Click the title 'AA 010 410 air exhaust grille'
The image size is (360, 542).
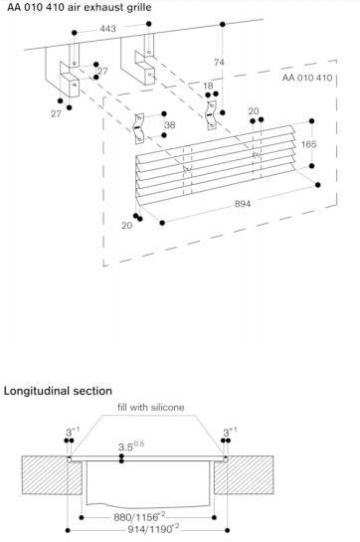(80, 7)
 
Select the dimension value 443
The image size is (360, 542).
(107, 29)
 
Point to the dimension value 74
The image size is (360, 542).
(219, 63)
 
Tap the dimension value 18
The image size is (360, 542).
(208, 86)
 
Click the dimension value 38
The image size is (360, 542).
(169, 124)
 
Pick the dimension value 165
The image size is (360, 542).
(308, 144)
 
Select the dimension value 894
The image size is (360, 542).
(243, 204)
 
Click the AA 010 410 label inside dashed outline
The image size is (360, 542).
(307, 78)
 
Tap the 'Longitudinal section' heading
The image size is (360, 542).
(58, 391)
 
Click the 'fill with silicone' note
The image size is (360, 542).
(150, 407)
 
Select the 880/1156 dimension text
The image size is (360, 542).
(139, 517)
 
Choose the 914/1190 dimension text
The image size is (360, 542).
(153, 529)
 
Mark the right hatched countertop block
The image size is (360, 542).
(244, 475)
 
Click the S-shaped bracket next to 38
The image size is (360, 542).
(138, 128)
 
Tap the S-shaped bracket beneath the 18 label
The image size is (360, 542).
(211, 115)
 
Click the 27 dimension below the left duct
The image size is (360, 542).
(56, 113)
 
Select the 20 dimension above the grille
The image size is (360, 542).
(254, 111)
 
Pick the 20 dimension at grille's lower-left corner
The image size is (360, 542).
(127, 226)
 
